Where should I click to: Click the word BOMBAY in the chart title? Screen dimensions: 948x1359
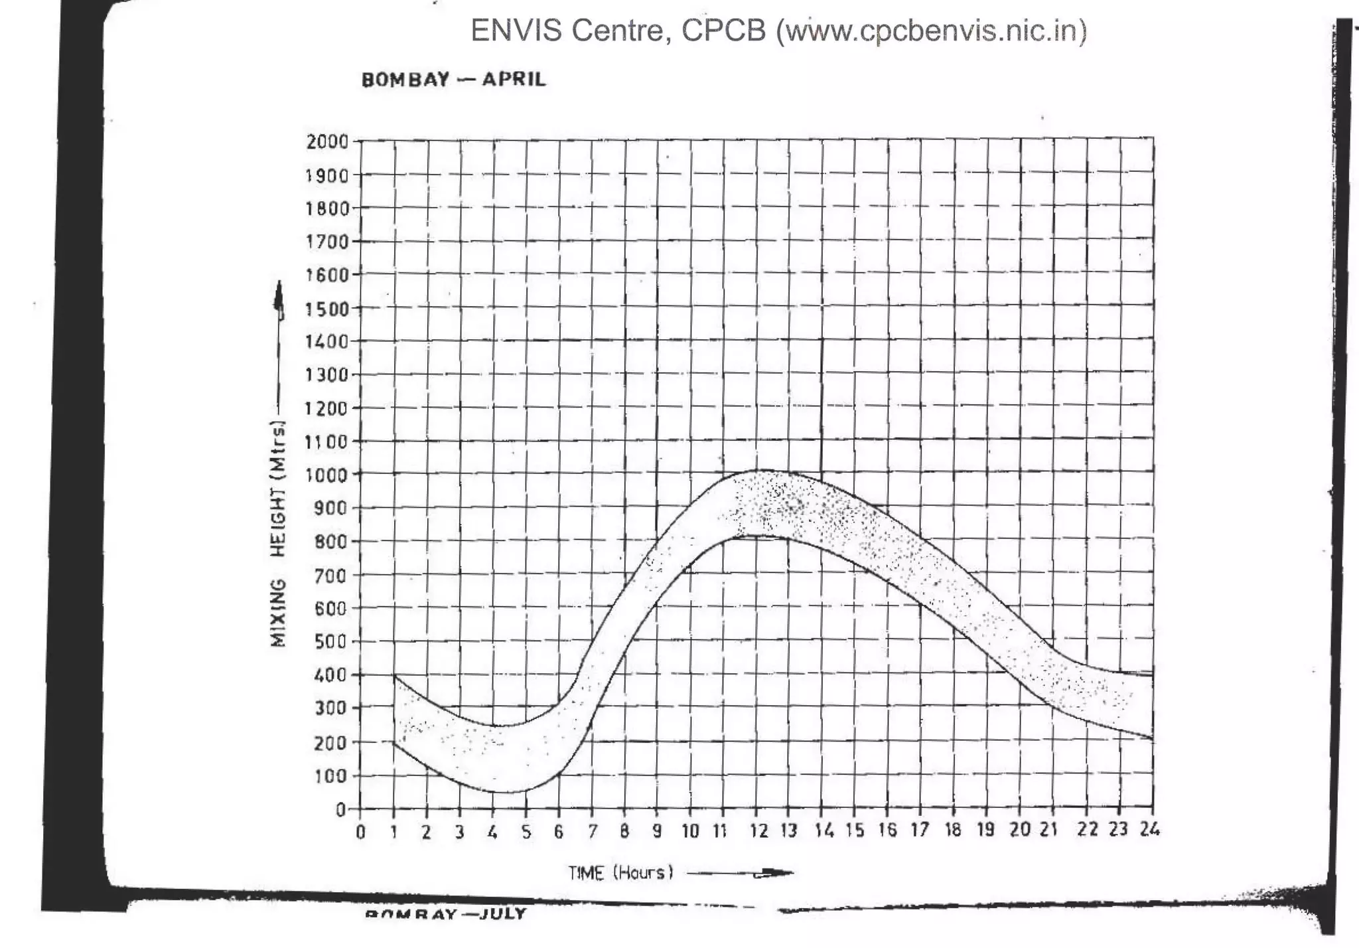(x=405, y=80)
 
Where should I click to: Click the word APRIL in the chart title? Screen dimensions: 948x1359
(x=514, y=79)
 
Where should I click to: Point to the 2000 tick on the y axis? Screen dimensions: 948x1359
(x=327, y=141)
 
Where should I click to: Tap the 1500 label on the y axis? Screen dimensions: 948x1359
(x=327, y=309)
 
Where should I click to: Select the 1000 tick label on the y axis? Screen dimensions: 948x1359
(x=327, y=475)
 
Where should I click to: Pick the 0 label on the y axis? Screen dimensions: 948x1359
(x=340, y=809)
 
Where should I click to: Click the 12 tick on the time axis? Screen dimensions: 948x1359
(x=758, y=830)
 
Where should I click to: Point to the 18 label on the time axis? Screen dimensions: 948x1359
(x=953, y=830)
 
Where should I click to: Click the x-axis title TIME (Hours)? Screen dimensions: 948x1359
(x=620, y=872)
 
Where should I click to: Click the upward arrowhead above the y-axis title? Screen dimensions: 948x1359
(x=279, y=296)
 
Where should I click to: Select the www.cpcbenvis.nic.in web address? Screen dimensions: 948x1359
(x=932, y=31)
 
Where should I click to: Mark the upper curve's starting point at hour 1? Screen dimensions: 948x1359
(x=394, y=675)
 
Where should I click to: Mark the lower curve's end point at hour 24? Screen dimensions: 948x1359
(x=1153, y=739)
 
